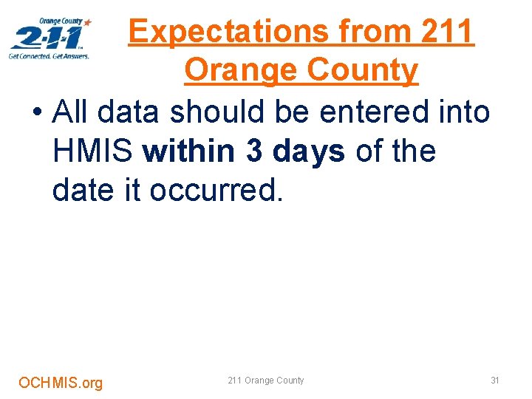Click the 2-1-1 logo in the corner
click(x=50, y=38)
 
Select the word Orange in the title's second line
click(x=238, y=71)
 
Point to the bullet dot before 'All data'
click(x=37, y=114)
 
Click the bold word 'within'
click(x=191, y=151)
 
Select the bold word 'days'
click(x=309, y=151)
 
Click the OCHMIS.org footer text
click(x=61, y=383)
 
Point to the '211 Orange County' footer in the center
click(x=265, y=381)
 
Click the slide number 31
click(x=495, y=381)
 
